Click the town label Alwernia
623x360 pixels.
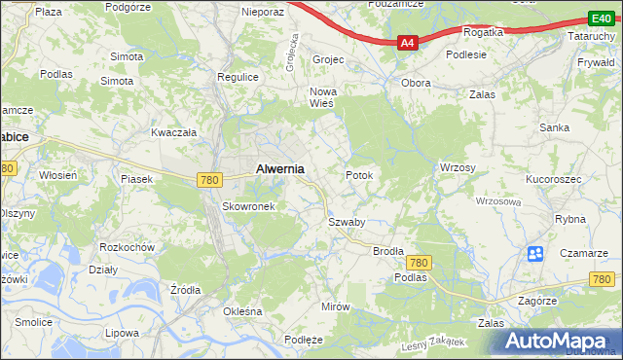point(279,168)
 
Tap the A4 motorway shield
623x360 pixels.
point(408,42)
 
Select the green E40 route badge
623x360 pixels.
point(601,18)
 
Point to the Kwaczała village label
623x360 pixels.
point(174,131)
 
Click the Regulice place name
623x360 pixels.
point(238,76)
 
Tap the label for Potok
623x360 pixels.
point(359,175)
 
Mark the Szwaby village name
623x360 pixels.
point(346,222)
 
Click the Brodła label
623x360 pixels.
point(388,250)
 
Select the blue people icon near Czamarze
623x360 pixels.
point(535,254)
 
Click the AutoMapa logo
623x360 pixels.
point(559,342)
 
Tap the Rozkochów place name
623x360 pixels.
point(128,247)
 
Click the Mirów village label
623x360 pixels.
point(335,306)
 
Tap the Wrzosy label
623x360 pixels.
point(457,167)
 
